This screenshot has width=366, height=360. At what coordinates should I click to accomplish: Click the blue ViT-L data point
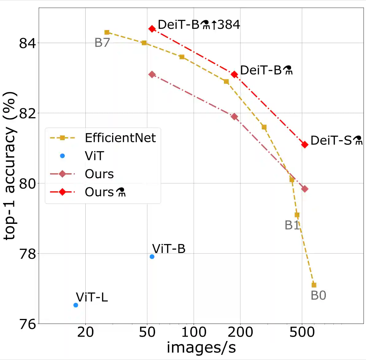76,305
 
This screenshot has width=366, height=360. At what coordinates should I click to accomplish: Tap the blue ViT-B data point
152,257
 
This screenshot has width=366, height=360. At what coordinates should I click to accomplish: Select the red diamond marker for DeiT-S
305,144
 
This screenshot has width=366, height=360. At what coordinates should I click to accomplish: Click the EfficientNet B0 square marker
314,285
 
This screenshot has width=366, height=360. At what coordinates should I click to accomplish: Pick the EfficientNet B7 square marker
107,33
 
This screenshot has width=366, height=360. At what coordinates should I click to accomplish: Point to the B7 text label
102,43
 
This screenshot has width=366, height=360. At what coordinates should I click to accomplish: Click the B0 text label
318,296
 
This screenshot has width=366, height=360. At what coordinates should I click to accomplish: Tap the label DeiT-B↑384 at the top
199,25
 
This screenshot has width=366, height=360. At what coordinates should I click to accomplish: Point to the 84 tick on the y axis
27,43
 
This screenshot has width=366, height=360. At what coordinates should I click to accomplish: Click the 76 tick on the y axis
27,324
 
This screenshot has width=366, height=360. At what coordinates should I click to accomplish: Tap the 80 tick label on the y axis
27,184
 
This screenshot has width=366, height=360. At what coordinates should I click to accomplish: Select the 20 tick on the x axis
85,332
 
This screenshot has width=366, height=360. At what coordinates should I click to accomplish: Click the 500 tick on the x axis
302,332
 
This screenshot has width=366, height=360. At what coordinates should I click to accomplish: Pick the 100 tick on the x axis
194,332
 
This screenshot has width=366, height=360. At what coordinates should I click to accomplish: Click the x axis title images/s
201,348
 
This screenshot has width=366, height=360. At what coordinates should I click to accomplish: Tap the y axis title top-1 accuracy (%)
10,166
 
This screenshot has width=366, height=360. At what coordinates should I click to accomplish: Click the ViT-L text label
92,297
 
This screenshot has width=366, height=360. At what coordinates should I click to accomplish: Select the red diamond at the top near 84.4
152,29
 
